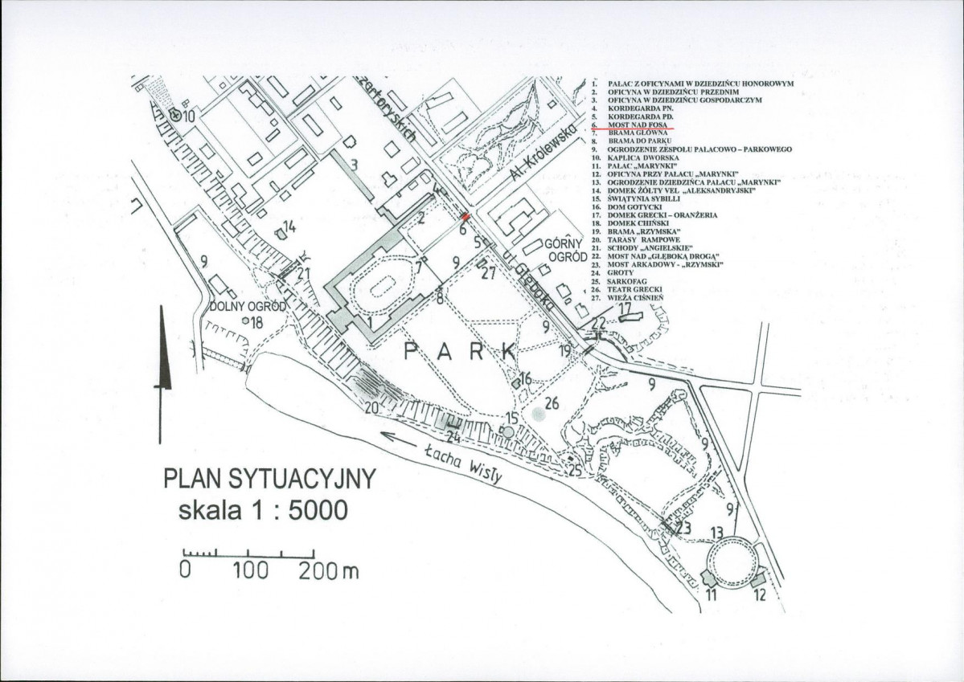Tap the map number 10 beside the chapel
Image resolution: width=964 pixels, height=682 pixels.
pos(190,116)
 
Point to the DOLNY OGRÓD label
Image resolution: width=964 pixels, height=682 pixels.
pos(242,306)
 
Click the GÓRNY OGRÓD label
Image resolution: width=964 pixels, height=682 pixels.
pos(562,251)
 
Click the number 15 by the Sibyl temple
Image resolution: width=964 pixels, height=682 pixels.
pos(511,419)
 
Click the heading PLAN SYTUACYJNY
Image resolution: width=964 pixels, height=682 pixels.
pos(270,480)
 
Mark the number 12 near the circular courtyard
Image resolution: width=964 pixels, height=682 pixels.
pos(761,595)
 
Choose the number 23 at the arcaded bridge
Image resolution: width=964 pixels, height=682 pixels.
pos(684,528)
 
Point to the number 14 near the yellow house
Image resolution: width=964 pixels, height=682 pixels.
pos(289,228)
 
